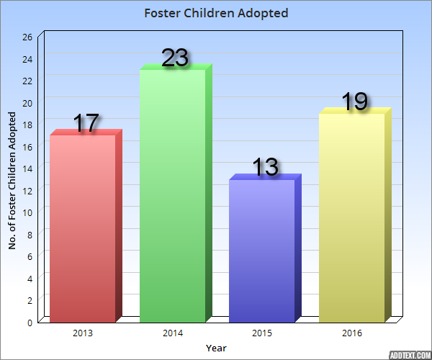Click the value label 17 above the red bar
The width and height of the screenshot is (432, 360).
[x=86, y=123]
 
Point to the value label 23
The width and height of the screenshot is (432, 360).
[x=175, y=58]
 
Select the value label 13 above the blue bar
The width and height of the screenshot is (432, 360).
[x=265, y=167]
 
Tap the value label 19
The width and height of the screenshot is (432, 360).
[x=354, y=102]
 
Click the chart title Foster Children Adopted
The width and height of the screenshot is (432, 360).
[x=216, y=13]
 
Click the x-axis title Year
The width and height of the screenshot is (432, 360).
[x=216, y=348]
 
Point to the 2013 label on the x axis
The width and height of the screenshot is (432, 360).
[x=83, y=333]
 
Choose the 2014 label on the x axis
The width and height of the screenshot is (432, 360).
[x=173, y=333]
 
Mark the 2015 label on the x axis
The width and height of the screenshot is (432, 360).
[x=262, y=333]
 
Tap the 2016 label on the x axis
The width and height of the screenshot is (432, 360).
[x=352, y=333]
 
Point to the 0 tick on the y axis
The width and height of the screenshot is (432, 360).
[x=30, y=323]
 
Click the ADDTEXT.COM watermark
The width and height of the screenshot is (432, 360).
[x=409, y=354]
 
